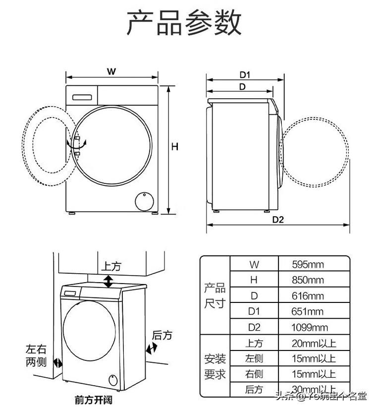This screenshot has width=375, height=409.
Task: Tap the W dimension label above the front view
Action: pos(112,71)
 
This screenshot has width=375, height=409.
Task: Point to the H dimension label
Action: pos(175,147)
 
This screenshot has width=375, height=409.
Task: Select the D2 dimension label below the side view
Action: pos(278,220)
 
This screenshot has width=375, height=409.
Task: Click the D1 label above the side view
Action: pos(245,75)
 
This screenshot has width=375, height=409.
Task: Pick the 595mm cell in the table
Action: pos(308,265)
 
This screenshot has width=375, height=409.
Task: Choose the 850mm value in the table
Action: pos(308,280)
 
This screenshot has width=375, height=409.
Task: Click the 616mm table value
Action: pos(308,296)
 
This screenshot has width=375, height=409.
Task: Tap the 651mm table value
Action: pos(308,312)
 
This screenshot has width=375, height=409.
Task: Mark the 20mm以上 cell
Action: pos(314,343)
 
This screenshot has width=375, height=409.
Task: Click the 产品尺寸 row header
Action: pos(214,296)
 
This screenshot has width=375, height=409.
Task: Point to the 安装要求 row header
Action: pos(214,366)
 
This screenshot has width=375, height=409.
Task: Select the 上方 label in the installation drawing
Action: pos(111,266)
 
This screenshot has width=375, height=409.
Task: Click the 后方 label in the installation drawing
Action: pos(161,336)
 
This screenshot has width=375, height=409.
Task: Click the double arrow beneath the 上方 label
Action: pos(108,281)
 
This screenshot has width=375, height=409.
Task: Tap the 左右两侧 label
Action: pos(36,355)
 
